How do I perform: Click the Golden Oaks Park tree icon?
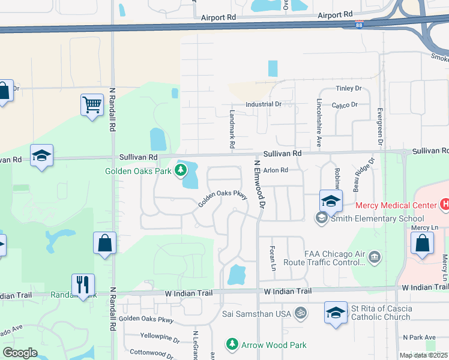[180, 171]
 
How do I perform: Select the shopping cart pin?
[92, 105]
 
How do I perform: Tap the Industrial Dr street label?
[264, 104]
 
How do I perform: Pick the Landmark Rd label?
[232, 129]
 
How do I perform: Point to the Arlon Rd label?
[276, 170]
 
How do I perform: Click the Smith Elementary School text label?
[369, 218]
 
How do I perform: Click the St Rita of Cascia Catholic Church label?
[382, 313]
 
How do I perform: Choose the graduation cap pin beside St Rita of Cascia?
[336, 312]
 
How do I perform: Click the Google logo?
[20, 353]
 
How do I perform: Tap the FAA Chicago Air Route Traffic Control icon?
[375, 257]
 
